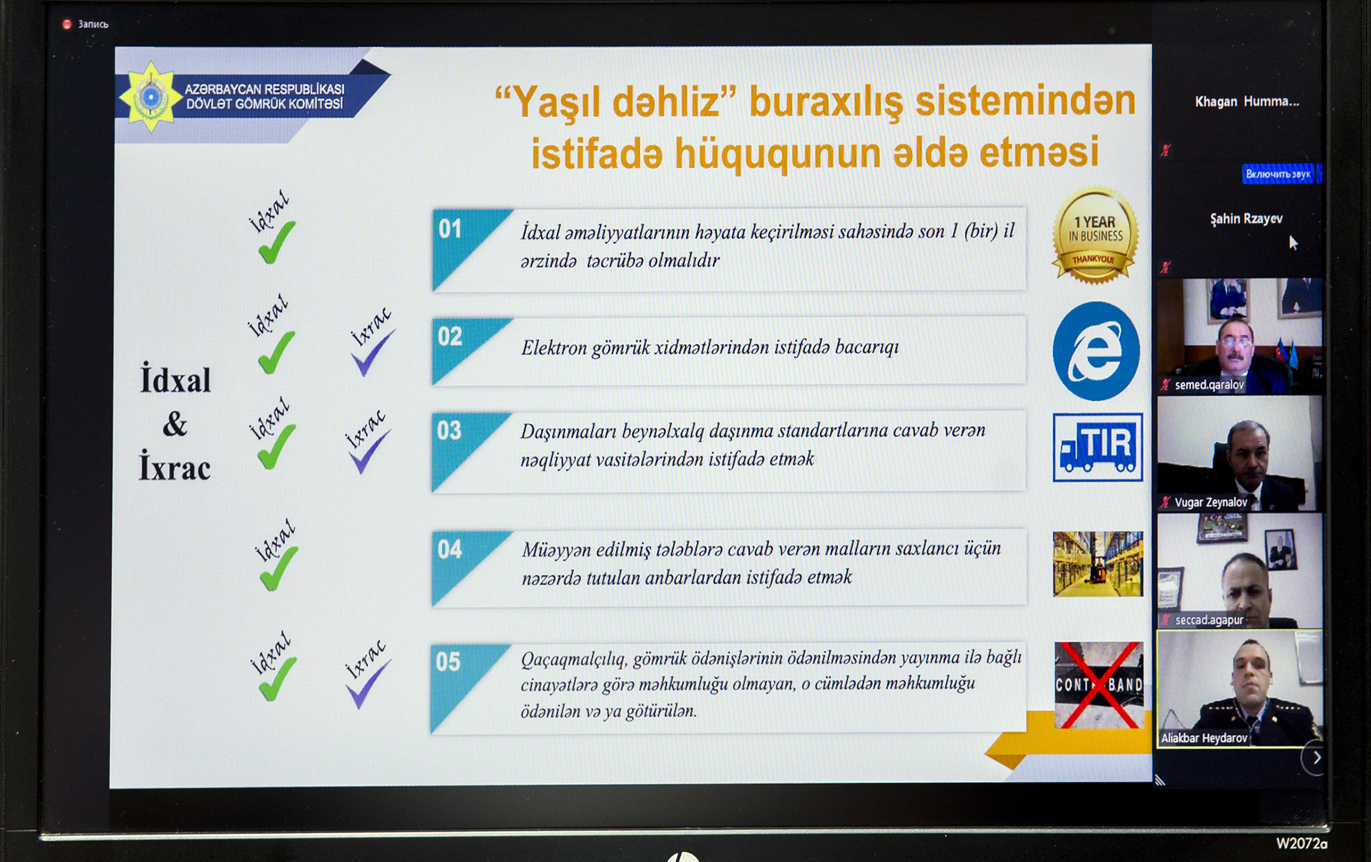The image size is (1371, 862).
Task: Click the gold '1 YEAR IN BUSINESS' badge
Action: (x=1095, y=235)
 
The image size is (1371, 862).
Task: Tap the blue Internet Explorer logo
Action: (x=1096, y=351)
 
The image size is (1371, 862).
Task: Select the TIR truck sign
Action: (x=1098, y=447)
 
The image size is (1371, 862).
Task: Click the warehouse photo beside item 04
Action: (x=1098, y=564)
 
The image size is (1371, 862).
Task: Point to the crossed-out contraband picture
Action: (x=1099, y=685)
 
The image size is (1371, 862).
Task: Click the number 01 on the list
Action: (x=450, y=229)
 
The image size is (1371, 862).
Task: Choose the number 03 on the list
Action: (x=449, y=430)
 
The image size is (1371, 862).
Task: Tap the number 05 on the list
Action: (x=448, y=662)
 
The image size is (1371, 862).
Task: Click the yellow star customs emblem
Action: (x=150, y=97)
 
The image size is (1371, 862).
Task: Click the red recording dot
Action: (x=67, y=24)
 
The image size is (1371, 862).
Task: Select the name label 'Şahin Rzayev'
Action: (x=1246, y=219)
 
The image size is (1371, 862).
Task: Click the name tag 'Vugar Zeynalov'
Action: (x=1210, y=502)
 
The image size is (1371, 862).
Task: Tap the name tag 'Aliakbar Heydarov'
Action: (x=1204, y=738)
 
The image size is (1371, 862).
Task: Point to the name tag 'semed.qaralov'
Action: (x=1209, y=385)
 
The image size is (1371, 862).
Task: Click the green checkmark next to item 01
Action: (x=277, y=242)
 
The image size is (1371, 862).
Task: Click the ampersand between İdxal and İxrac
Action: (x=175, y=424)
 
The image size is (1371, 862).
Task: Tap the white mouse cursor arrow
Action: (x=1293, y=242)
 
